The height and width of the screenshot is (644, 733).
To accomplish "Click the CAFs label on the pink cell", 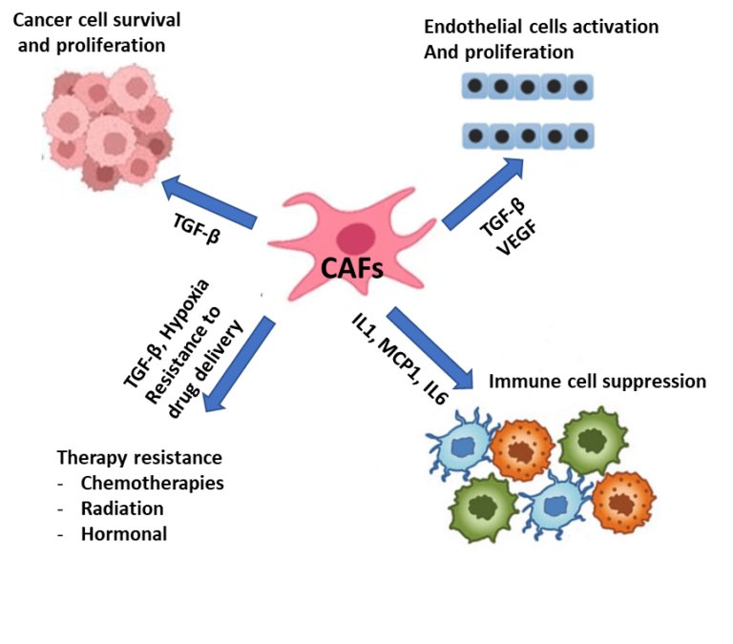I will (351, 269).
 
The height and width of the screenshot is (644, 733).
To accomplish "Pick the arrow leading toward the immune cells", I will (429, 349).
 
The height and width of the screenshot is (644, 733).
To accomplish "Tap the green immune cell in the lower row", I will (482, 507).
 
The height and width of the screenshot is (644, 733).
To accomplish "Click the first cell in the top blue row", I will (473, 87).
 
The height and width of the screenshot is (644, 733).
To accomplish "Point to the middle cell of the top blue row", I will (526, 87).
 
